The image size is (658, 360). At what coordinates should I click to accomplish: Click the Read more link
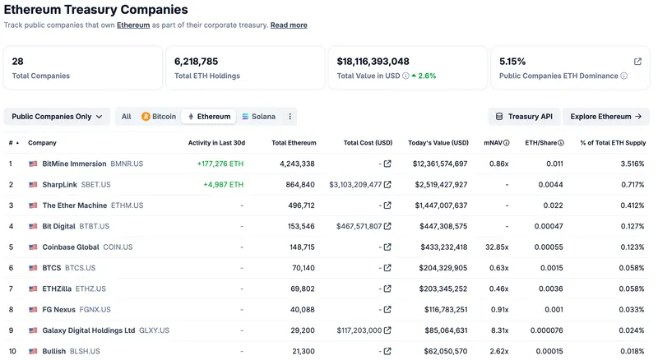point(289,25)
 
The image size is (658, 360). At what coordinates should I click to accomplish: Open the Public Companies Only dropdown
point(57,117)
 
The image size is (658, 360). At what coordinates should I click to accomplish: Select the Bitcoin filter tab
point(159,117)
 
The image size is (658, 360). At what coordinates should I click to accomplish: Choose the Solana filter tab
point(258,117)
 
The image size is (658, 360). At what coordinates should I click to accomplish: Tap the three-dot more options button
point(290,117)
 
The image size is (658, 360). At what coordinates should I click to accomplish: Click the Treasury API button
point(524,117)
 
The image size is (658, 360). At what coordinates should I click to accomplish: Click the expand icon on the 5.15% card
point(637,62)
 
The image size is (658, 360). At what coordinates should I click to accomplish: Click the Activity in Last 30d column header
point(215,142)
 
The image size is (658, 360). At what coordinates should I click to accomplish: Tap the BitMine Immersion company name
point(74,164)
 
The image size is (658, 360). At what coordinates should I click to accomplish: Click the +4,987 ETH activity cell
point(223,184)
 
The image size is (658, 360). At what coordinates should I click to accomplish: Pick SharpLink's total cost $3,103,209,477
point(355,184)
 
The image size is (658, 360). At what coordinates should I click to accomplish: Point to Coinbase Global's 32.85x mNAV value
point(496,247)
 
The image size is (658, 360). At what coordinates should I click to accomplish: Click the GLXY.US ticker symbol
point(154,330)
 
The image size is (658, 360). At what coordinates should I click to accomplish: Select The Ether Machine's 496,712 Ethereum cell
point(297,205)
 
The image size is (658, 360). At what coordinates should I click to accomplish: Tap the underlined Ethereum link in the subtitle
point(133,25)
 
